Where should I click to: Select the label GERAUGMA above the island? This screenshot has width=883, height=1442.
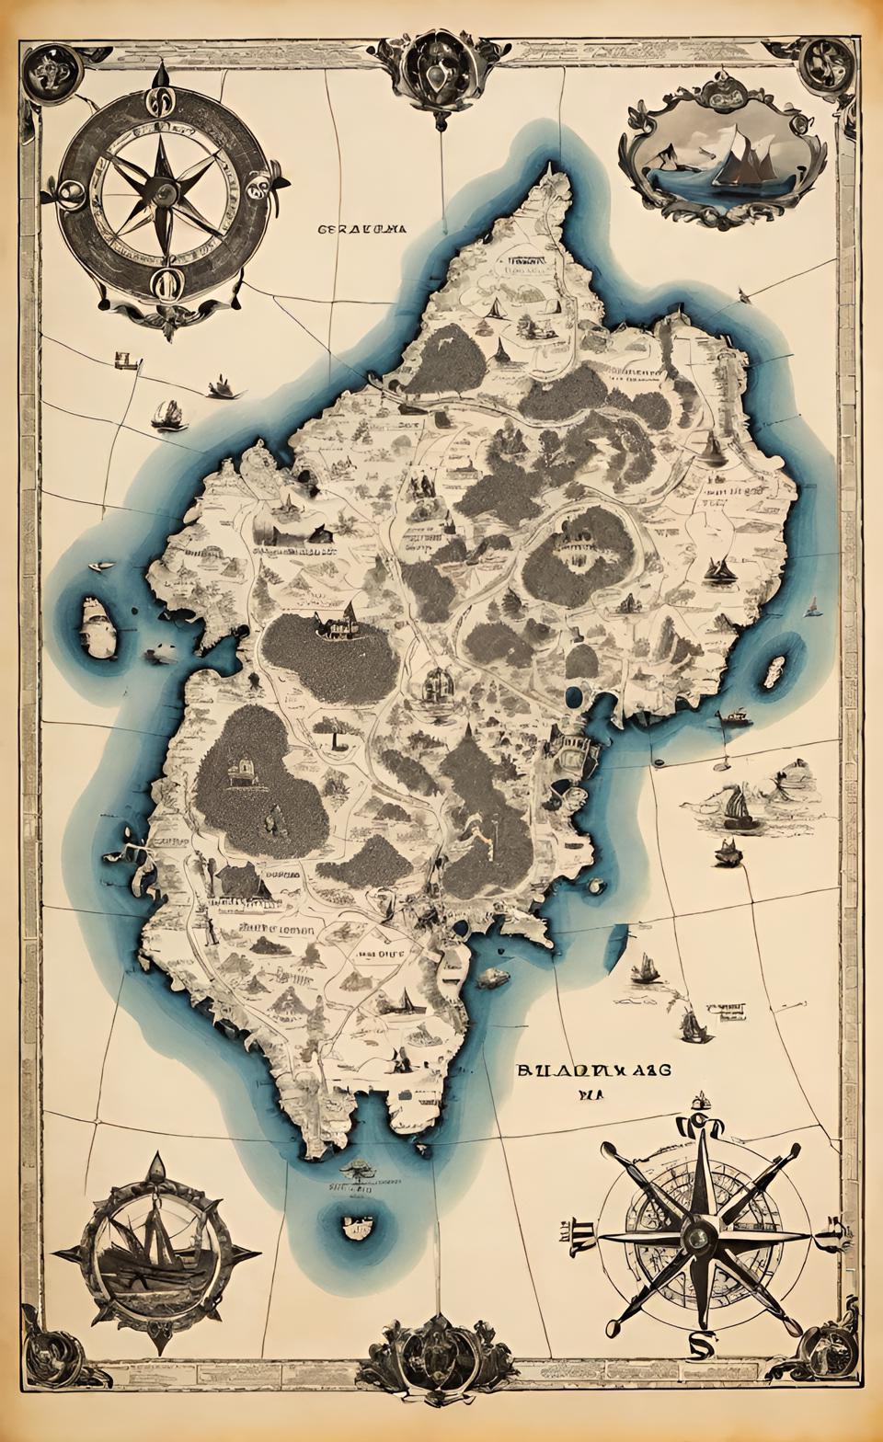click(361, 230)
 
